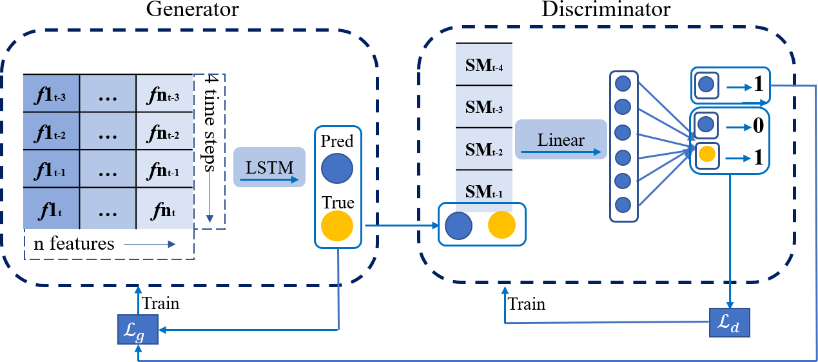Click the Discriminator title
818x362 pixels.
pos(607,10)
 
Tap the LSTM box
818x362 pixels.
pos(269,168)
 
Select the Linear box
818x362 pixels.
pos(561,140)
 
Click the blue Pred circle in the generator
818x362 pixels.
pos(336,168)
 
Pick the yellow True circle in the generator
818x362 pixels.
pos(336,226)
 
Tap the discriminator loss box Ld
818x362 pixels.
pos(730,323)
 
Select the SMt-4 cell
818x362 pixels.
pos(484,65)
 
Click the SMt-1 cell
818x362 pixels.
pos(484,192)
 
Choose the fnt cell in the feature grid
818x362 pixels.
pos(164,210)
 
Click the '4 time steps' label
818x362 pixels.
pos(210,120)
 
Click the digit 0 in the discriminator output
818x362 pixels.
pos(758,124)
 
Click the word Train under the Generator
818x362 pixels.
pos(161,303)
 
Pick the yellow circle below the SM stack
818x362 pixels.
pos(502,225)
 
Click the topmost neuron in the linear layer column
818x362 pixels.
pos(623,84)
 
